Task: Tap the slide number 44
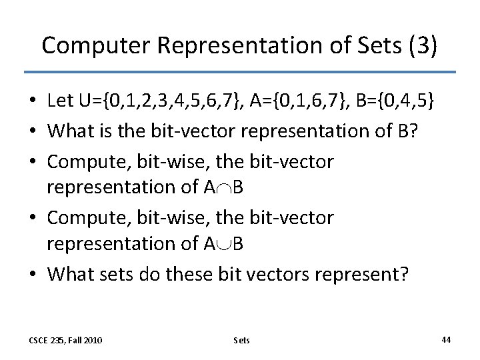click(446, 339)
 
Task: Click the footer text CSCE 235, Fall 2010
click(66, 340)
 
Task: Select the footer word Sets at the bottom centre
click(241, 340)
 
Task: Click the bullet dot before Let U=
click(31, 102)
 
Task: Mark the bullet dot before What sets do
click(31, 273)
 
